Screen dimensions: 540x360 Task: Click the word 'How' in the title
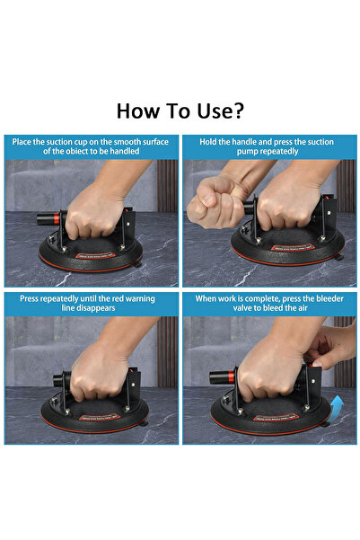138,111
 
